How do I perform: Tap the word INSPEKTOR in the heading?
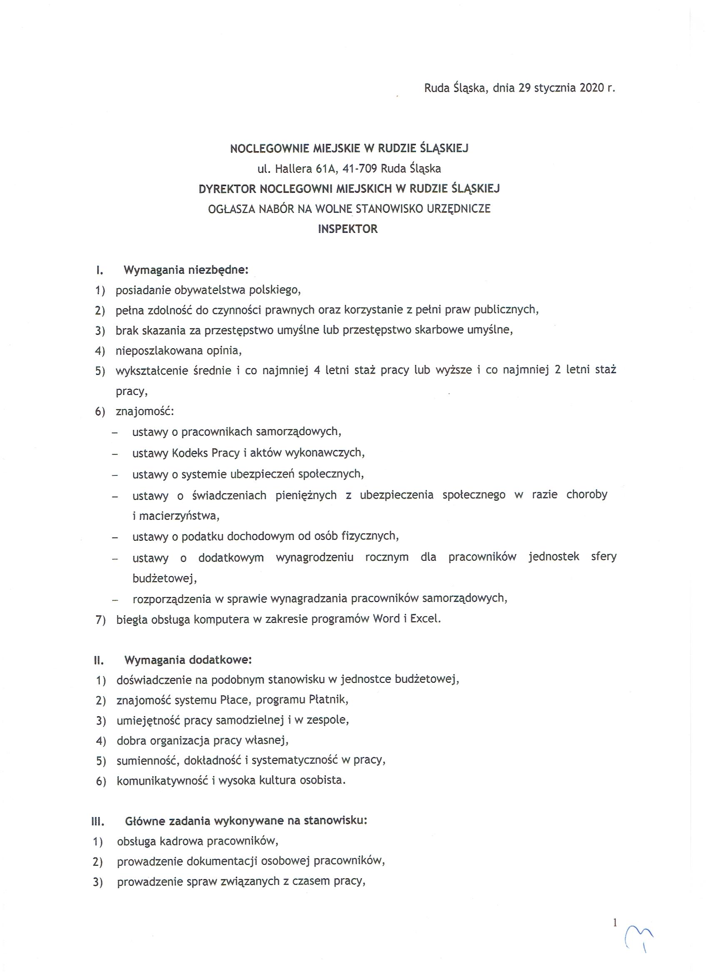(348, 229)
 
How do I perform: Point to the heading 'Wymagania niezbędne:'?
(186, 270)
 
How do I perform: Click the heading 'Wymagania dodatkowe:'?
(188, 659)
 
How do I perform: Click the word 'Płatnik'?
(328, 699)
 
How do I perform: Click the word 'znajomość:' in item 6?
(145, 412)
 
